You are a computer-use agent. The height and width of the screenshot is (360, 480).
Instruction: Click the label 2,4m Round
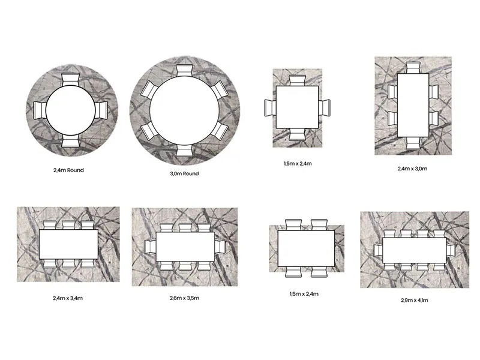coord(68,170)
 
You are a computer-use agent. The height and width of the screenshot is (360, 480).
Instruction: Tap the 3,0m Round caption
coord(185,173)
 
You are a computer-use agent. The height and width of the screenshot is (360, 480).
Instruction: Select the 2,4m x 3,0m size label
coord(412,169)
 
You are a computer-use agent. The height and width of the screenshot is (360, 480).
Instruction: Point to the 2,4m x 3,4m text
coord(68,298)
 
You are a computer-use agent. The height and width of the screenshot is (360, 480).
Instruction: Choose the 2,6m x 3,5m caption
coord(185,298)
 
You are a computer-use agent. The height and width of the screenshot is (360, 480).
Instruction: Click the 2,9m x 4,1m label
coord(415,301)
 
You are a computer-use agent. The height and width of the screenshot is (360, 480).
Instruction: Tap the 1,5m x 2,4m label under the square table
coord(298,164)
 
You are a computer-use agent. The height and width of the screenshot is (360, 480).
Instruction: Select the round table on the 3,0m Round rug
coord(185,110)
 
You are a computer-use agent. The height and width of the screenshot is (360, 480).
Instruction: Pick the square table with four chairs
coord(297,107)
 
